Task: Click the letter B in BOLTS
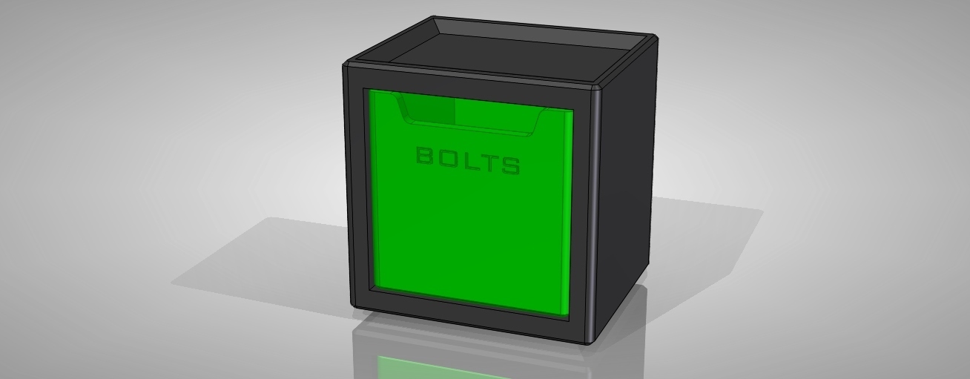(425, 156)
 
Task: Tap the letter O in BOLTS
(447, 159)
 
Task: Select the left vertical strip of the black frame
(354, 185)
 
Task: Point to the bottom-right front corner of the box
(590, 340)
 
